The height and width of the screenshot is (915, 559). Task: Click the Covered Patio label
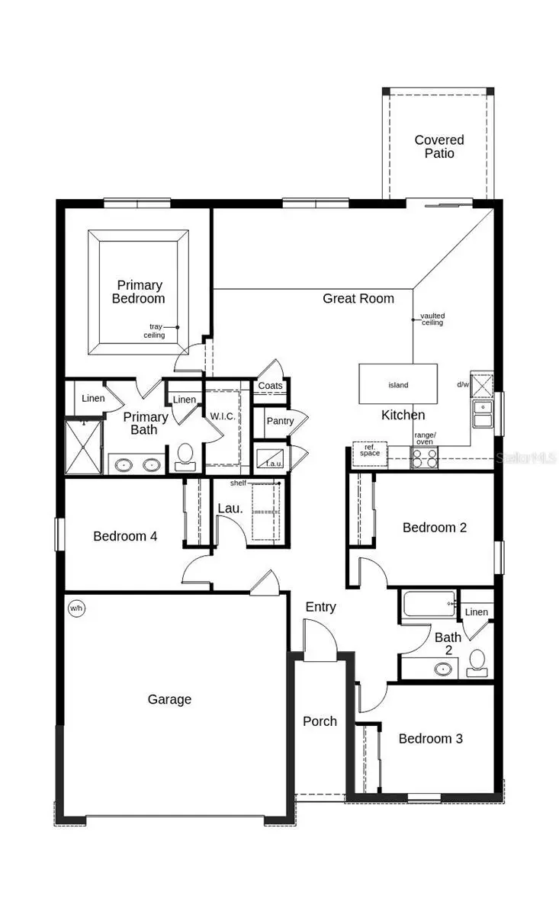coord(439,146)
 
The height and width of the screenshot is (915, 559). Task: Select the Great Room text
coord(358,298)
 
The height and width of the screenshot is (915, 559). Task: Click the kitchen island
coord(398,384)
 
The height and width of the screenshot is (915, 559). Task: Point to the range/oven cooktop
coord(424,457)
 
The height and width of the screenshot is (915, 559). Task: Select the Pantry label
coord(280,421)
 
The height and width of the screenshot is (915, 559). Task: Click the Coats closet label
coord(270,386)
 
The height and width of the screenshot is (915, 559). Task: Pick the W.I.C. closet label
coord(223,417)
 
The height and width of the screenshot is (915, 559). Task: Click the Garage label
coord(169,699)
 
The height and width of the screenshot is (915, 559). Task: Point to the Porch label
coord(320,721)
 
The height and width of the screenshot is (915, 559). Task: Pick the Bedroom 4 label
coord(125,536)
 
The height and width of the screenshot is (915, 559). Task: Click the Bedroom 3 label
coord(430,738)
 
